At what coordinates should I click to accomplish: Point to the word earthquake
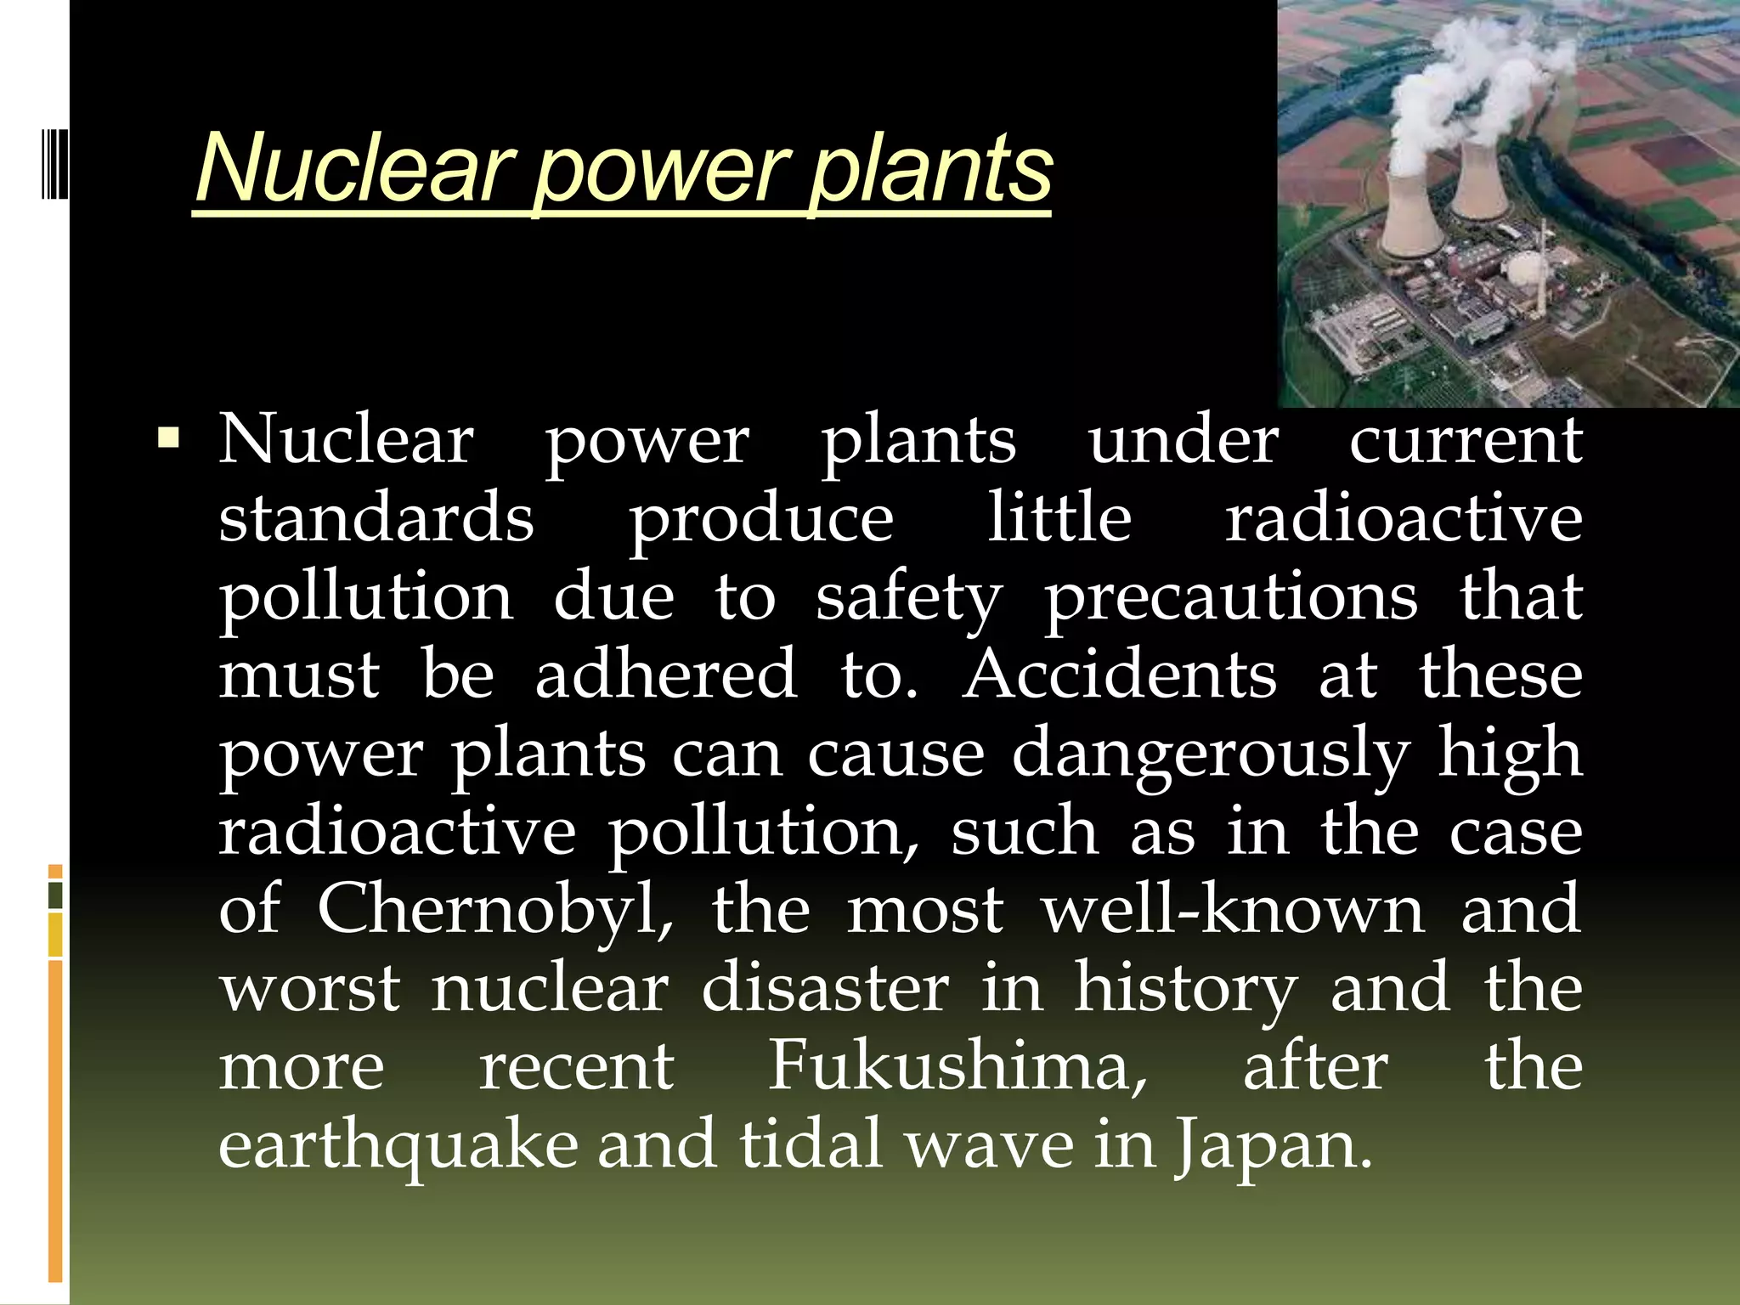pyautogui.click(x=398, y=1145)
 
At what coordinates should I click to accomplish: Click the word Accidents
pyautogui.click(x=1119, y=675)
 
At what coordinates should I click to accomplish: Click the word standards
pyautogui.click(x=376, y=518)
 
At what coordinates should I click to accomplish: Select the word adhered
pyautogui.click(x=666, y=675)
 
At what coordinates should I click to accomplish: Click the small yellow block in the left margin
pyautogui.click(x=55, y=935)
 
